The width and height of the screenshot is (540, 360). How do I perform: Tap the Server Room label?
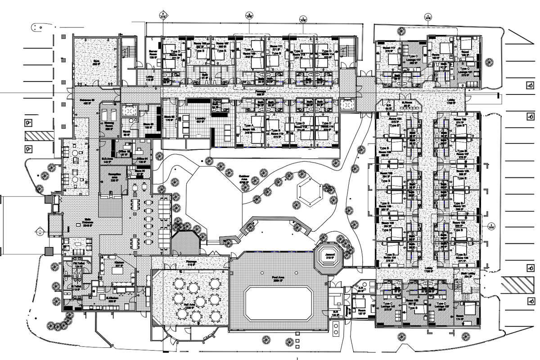tap(153, 54)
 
